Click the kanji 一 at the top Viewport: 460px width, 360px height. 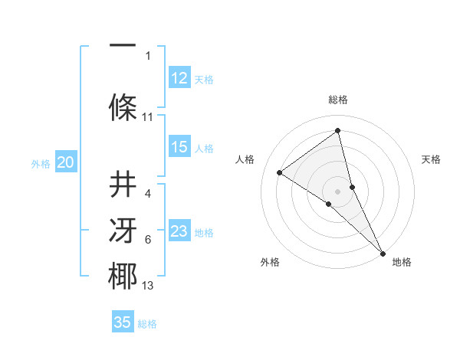(x=123, y=44)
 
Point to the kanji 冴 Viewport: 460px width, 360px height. (x=123, y=231)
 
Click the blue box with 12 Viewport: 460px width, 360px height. (x=179, y=77)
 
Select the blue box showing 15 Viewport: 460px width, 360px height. (x=179, y=147)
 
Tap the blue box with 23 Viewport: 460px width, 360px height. (x=179, y=231)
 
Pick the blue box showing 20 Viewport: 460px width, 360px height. (x=66, y=162)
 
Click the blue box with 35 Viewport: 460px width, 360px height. (x=123, y=322)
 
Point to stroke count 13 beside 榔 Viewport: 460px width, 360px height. (x=148, y=286)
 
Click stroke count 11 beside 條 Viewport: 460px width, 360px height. (x=148, y=117)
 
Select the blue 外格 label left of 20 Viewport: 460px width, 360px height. (x=41, y=163)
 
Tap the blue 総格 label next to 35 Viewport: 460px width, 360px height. (x=147, y=323)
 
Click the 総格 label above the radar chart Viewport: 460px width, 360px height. (x=337, y=100)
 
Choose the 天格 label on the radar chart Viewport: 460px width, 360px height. (x=431, y=159)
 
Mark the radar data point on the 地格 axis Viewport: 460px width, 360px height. (x=383, y=252)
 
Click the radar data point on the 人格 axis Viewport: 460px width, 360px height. (x=280, y=172)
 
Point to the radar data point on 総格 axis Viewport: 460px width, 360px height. (x=337, y=130)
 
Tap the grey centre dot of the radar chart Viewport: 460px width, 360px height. (x=337, y=191)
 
